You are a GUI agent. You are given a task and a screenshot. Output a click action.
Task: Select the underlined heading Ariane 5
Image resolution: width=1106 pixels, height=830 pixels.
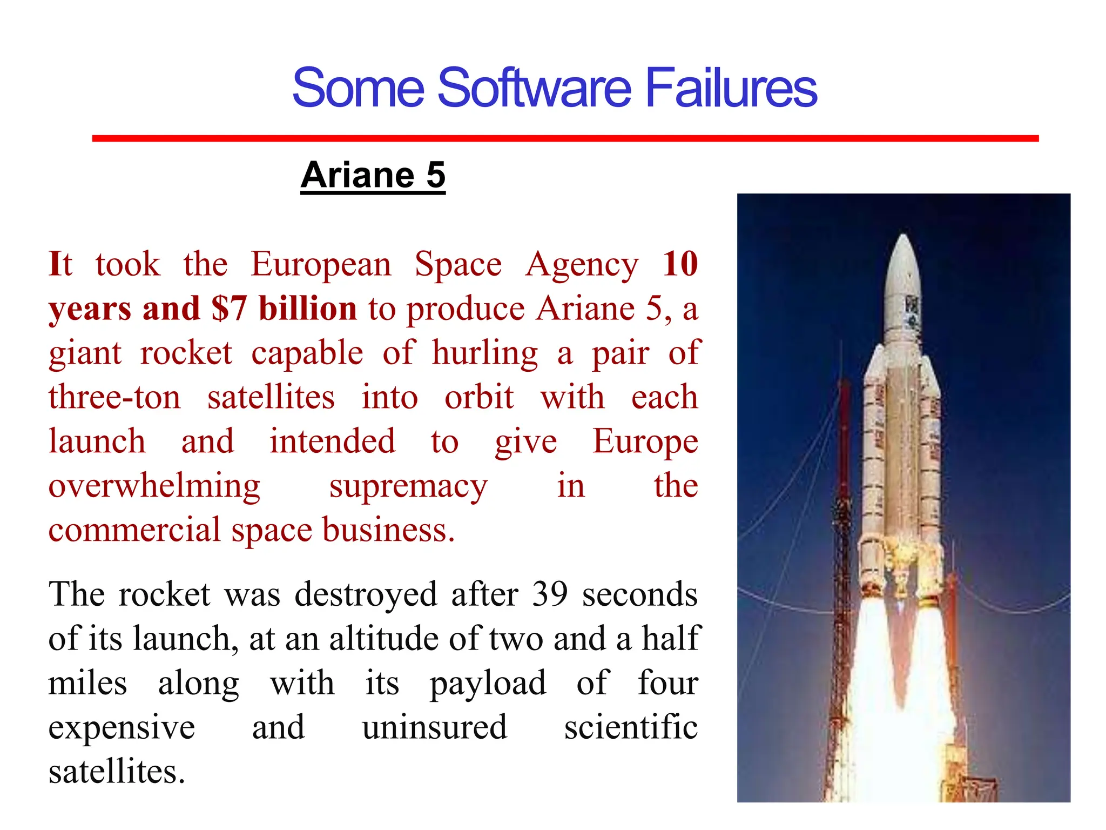pyautogui.click(x=373, y=175)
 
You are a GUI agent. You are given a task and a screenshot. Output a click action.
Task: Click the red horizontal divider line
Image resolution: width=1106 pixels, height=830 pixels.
pyautogui.click(x=565, y=139)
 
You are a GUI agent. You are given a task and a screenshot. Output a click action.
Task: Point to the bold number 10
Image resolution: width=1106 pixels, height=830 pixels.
pyautogui.click(x=680, y=264)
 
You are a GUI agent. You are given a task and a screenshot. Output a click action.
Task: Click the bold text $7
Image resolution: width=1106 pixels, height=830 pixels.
pyautogui.click(x=229, y=309)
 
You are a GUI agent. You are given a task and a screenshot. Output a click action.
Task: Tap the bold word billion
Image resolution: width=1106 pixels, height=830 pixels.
pyautogui.click(x=308, y=309)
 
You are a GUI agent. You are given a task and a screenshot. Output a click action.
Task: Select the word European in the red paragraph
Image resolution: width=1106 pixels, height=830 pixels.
pyautogui.click(x=321, y=265)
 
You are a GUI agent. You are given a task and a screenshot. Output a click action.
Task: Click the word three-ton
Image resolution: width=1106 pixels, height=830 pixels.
pyautogui.click(x=114, y=397)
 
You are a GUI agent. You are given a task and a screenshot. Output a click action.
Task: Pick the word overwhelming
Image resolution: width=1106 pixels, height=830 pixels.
pyautogui.click(x=154, y=486)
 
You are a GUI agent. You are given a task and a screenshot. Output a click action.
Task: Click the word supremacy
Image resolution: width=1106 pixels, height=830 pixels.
pyautogui.click(x=408, y=486)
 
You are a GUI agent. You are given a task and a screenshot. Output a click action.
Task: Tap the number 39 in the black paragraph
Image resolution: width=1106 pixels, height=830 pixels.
pyautogui.click(x=550, y=594)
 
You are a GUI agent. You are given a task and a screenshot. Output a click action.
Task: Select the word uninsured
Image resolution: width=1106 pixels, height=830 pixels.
pyautogui.click(x=435, y=727)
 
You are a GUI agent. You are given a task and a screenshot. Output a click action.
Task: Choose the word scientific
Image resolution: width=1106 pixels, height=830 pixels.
pyautogui.click(x=631, y=727)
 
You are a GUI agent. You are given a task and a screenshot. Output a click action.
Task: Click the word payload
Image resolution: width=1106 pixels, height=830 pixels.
pyautogui.click(x=488, y=683)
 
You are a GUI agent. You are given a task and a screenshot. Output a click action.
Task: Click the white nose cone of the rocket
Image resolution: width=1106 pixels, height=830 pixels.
pyautogui.click(x=903, y=265)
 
